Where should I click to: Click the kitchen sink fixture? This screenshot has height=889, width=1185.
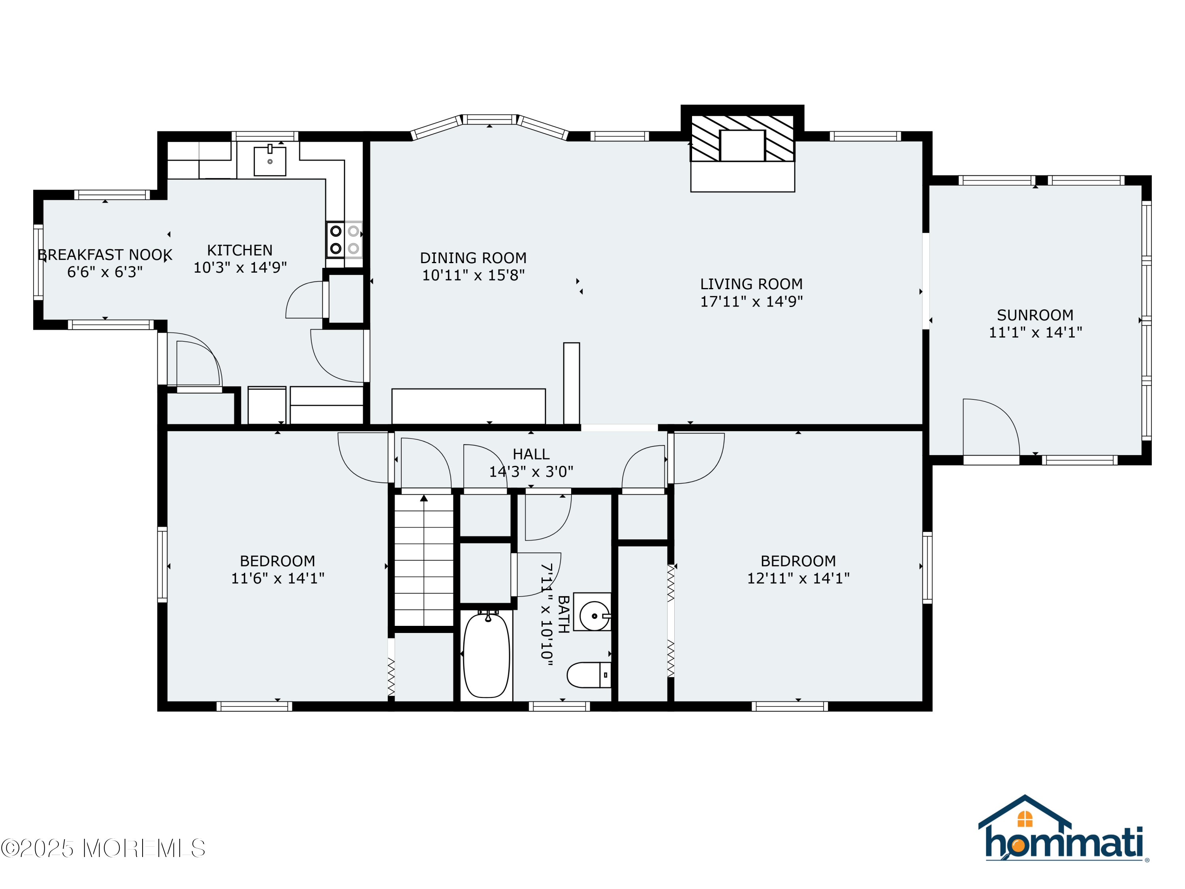coord(269,161)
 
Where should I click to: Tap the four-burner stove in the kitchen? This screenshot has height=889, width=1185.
coord(344,239)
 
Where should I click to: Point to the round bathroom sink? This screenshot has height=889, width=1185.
coord(594,616)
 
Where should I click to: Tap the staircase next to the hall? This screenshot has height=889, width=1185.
coord(424,559)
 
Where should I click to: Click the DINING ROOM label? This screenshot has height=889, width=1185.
coord(473,258)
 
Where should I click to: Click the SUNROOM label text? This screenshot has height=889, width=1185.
coord(1035,315)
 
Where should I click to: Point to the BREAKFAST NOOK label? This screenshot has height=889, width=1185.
coord(105,254)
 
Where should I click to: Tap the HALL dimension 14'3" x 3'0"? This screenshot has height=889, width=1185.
coord(531,471)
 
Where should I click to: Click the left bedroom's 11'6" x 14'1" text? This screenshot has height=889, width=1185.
coord(278,578)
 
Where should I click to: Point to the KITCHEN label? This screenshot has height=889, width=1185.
coord(239,250)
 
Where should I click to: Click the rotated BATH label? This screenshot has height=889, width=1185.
coord(563,614)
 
